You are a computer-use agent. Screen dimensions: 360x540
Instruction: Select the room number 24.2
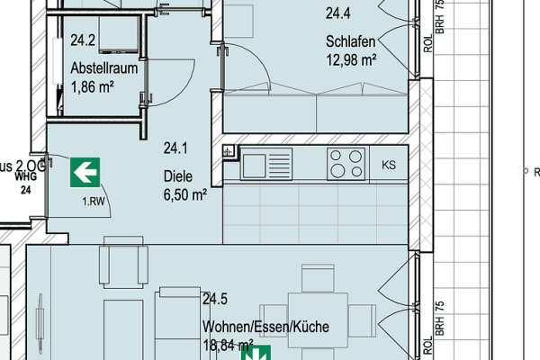tap(83, 40)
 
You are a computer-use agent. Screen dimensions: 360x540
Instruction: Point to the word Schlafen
tap(351, 41)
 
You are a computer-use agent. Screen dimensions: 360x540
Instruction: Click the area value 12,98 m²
tap(351, 60)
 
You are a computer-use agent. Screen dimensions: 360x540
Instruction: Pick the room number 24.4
tap(338, 13)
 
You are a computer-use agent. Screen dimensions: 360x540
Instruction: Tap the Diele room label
tap(178, 176)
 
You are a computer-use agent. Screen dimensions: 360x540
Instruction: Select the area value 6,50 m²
tap(185, 194)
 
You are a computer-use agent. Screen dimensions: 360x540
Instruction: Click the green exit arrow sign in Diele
tap(85, 171)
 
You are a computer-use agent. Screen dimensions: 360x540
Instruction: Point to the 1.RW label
tap(93, 202)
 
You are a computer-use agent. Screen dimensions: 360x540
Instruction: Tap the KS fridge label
tap(389, 165)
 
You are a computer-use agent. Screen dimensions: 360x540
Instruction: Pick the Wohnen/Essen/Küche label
tap(265, 326)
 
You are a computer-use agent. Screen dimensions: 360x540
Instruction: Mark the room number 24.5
tap(214, 299)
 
